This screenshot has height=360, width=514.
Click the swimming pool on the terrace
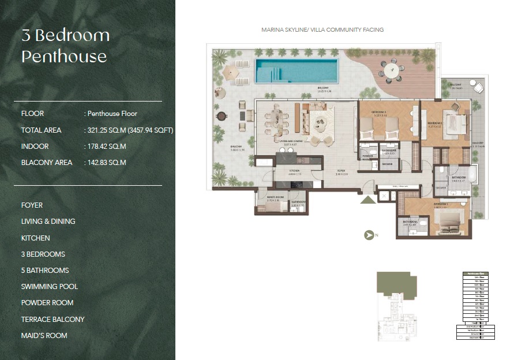point(297,70)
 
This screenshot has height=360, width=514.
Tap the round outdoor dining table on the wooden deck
point(392,72)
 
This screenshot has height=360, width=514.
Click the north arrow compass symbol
point(369,235)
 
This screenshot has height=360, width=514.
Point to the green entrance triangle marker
point(367,200)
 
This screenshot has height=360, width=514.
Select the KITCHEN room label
point(295,171)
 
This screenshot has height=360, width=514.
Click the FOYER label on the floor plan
point(342,171)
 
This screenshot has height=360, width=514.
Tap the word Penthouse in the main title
point(64,57)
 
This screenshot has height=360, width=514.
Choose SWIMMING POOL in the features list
point(50,286)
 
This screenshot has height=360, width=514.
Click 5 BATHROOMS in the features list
point(45,270)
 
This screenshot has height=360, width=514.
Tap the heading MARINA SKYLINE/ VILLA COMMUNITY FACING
point(322,29)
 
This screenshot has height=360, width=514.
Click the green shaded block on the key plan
point(396,282)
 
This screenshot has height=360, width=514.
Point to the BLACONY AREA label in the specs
point(47,163)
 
